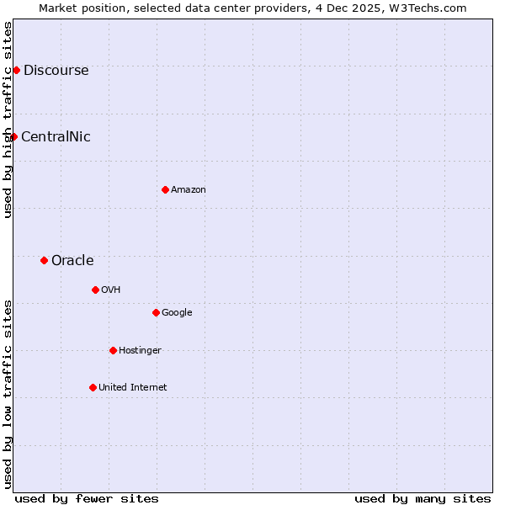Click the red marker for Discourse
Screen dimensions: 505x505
point(16,70)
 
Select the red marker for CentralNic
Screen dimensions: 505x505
point(13,136)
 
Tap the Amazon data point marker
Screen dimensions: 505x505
point(165,189)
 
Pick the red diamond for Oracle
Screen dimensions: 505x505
point(44,260)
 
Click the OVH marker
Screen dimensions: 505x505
point(95,290)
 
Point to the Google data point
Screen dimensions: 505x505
point(156,312)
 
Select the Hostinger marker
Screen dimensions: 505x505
point(113,350)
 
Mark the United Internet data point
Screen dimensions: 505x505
point(93,387)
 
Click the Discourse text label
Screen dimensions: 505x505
point(56,70)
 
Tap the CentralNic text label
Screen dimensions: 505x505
point(56,136)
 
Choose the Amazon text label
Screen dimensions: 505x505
point(189,189)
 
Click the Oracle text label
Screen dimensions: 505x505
point(72,260)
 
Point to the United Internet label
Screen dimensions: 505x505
point(133,387)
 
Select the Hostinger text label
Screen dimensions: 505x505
point(140,350)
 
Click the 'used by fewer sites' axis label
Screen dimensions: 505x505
point(87,498)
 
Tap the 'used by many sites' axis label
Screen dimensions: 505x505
point(423,498)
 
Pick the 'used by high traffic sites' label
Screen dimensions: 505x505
point(8,120)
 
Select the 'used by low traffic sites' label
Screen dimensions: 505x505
point(8,394)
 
